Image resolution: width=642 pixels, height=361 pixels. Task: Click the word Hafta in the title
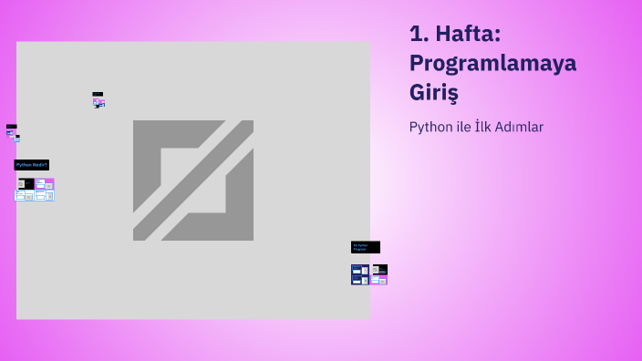coord(468,35)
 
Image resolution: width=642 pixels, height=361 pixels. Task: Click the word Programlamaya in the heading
coord(492,64)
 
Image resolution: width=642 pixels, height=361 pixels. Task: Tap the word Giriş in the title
coord(433,93)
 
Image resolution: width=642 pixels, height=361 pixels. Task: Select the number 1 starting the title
coord(418,35)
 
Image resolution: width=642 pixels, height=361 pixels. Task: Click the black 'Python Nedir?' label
coord(32,165)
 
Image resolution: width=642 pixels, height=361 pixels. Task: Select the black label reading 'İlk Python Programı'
coord(365,247)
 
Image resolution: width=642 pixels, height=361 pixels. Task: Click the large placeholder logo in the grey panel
coord(193,180)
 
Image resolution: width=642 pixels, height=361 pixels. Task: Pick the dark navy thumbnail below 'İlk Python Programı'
coord(360,274)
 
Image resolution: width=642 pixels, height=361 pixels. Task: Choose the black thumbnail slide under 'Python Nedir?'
coord(26,183)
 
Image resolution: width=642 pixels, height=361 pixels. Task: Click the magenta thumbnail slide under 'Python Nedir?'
coord(45,183)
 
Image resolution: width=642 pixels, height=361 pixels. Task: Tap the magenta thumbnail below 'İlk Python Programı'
coord(379,280)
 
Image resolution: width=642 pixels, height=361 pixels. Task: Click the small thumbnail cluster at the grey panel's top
coord(98,100)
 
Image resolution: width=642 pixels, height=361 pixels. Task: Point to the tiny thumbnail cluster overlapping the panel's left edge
coord(13,133)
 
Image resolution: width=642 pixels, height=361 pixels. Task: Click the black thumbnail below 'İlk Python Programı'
coord(379,269)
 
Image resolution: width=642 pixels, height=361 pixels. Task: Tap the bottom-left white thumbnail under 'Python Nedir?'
coord(25,195)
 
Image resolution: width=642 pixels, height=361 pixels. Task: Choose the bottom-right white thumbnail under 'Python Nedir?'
coord(45,195)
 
